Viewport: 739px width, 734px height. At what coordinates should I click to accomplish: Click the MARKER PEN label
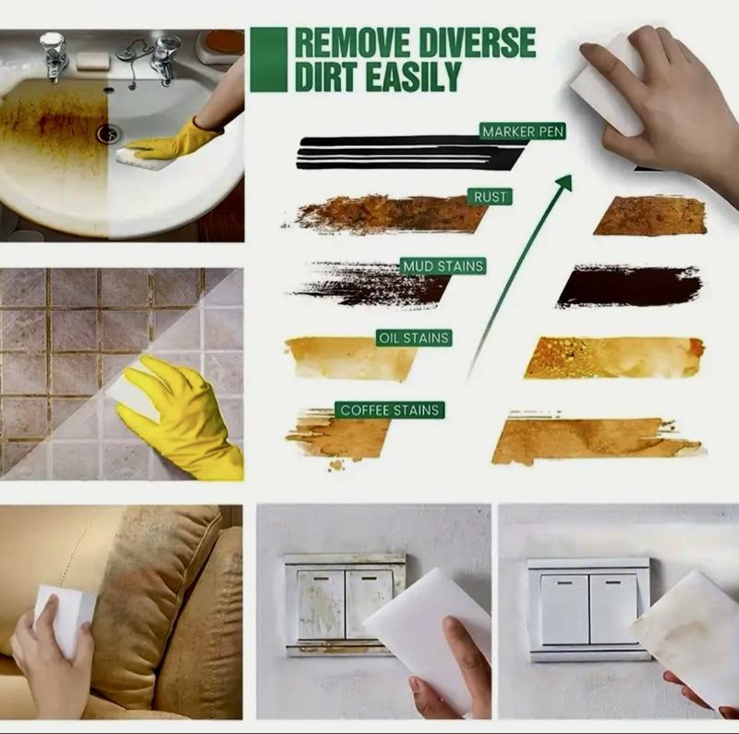523,131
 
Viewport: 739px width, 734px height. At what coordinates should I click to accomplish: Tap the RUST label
490,197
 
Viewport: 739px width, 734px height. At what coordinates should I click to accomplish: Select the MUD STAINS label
443,266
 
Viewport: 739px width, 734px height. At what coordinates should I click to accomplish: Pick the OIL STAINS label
414,338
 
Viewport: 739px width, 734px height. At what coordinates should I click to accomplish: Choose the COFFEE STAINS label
390,410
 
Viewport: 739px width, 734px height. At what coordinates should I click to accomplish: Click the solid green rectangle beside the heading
269,59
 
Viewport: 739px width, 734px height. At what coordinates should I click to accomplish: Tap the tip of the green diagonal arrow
571,177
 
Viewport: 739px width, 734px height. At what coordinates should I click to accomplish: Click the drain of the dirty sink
109,133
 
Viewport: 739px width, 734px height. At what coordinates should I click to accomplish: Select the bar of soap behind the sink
92,61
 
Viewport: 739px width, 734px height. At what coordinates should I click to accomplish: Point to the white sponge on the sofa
63,619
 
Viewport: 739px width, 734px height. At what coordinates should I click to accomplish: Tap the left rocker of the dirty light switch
321,605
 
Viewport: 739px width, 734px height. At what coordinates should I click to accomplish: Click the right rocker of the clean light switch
614,610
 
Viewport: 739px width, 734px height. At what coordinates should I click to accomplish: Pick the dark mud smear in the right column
629,287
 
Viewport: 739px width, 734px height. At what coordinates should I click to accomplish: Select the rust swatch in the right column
650,216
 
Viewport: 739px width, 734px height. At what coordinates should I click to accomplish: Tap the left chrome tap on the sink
53,55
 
